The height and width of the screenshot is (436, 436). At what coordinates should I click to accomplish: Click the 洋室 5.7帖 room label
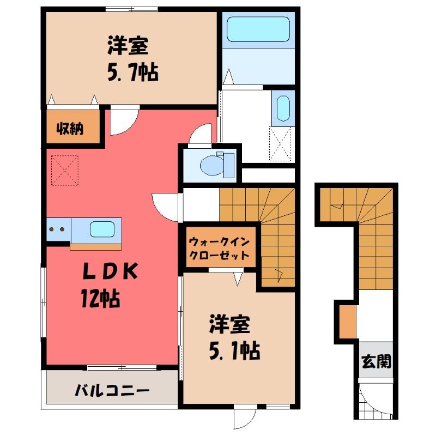(x=133, y=59)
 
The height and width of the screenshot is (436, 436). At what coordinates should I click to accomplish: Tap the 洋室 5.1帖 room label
(x=234, y=337)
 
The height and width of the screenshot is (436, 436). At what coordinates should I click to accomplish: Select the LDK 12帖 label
(x=110, y=284)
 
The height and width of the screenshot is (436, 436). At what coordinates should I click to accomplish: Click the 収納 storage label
(x=70, y=129)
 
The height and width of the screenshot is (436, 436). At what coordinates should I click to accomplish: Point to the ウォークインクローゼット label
(x=219, y=249)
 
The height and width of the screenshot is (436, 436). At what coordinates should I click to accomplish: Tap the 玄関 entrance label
(x=376, y=361)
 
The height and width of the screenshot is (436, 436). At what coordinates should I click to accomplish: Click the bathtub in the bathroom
(x=258, y=29)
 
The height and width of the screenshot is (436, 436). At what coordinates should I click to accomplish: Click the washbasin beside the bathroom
(x=283, y=108)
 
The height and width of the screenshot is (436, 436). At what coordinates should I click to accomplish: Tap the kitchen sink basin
(x=102, y=229)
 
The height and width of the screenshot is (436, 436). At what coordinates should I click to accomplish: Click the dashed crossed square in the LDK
(x=65, y=170)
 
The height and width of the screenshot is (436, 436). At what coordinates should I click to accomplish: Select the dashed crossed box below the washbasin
(x=280, y=144)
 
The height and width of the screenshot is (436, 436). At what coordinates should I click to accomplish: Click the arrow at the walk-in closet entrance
(x=238, y=279)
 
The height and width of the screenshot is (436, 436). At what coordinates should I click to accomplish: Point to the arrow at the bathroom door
(x=228, y=76)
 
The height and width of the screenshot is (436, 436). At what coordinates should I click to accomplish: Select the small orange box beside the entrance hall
(x=348, y=322)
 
